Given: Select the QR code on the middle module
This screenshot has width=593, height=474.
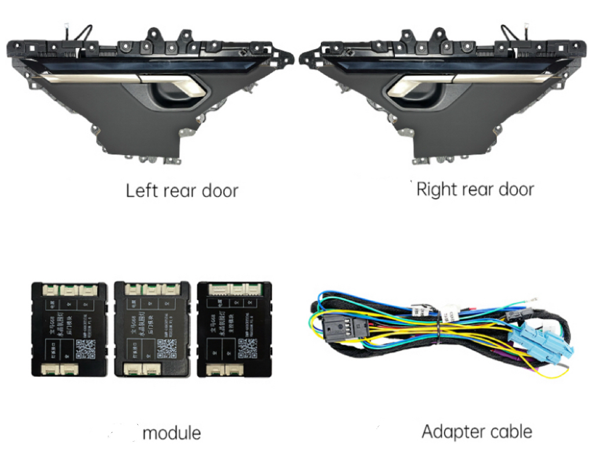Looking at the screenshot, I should click(167, 347).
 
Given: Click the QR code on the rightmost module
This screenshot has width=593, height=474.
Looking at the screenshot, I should click(247, 346).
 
